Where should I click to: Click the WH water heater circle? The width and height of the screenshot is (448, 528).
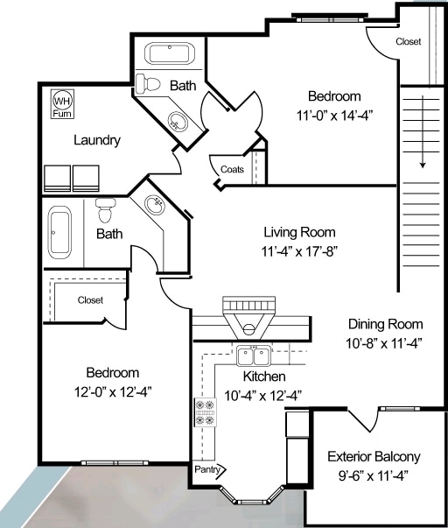click(62, 101)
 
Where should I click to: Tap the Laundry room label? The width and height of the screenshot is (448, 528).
click(97, 140)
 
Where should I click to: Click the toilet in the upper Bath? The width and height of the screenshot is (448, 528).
click(148, 85)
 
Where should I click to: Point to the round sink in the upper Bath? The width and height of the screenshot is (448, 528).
click(178, 121)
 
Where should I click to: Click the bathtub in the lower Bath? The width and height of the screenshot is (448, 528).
click(59, 233)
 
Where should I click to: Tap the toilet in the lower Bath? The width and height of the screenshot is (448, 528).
click(105, 210)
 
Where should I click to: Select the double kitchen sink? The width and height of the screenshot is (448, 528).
click(254, 356)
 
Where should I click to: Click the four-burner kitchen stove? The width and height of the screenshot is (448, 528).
click(206, 412)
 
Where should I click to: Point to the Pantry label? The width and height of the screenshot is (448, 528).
click(207, 469)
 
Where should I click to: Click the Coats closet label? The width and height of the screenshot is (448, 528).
click(232, 169)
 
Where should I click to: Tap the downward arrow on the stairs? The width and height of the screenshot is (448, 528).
click(423, 131)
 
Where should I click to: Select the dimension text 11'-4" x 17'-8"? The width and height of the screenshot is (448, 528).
click(299, 251)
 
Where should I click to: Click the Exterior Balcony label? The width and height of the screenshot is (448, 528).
click(374, 457)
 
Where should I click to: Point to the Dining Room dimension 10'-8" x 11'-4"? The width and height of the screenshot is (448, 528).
click(384, 344)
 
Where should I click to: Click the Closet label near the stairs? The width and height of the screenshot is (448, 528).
click(409, 41)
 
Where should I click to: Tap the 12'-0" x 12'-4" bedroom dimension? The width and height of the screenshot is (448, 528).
click(113, 392)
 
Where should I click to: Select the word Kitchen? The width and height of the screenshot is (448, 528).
click(264, 377)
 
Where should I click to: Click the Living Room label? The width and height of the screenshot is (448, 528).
click(299, 232)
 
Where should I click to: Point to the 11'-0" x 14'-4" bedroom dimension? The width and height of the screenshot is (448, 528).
click(334, 116)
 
